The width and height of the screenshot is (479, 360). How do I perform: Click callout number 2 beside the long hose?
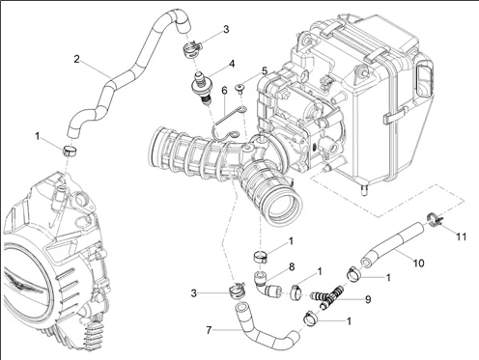pos(76,59)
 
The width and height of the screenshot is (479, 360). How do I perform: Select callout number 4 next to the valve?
pos(232,64)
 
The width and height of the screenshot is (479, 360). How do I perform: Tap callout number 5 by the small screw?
pos(265,70)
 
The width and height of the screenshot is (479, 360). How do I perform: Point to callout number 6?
pos(224,91)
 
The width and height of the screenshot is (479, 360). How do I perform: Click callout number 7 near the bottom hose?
pos(209,330)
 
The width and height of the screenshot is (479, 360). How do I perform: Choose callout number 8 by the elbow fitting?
pos(292,266)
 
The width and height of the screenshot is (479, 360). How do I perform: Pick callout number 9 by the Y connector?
pos(368,299)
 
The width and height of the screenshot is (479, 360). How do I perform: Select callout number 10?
pos(418,263)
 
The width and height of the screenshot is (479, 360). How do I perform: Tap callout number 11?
pos(462,236)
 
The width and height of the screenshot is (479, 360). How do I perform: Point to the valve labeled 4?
pos(201,88)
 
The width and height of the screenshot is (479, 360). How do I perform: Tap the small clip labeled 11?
pos(434,219)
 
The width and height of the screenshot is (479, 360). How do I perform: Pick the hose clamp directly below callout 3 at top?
pos(192,49)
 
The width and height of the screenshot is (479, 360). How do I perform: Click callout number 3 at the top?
pos(226,29)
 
